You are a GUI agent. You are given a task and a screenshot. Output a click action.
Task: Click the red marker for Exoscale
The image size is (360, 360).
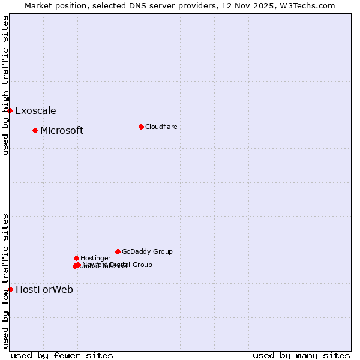click(x=10, y=110)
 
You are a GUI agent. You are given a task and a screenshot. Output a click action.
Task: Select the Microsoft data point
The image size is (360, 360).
click(x=35, y=130)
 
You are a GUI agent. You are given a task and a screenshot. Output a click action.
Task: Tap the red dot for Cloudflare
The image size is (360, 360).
click(x=141, y=127)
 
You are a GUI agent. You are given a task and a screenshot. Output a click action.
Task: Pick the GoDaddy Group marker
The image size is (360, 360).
click(x=118, y=251)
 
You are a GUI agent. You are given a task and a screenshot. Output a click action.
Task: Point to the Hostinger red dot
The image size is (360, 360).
click(x=76, y=258)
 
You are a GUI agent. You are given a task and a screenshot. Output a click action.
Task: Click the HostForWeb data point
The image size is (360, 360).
click(x=10, y=289)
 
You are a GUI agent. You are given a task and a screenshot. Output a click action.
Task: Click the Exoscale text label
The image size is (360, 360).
click(x=35, y=110)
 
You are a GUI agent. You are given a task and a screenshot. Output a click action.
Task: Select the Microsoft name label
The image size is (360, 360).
click(x=62, y=130)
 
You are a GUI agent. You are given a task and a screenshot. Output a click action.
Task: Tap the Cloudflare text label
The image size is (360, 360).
click(x=161, y=127)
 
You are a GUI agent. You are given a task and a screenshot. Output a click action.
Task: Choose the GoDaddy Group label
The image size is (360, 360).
click(x=147, y=251)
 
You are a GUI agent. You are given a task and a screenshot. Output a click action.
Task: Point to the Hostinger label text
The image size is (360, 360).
click(x=95, y=258)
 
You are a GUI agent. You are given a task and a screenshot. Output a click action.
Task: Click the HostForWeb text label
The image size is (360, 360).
click(x=44, y=289)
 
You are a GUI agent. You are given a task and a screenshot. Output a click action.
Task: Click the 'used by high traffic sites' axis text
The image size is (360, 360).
click(x=5, y=85)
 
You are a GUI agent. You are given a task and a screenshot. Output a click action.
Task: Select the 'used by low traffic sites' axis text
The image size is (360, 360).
click(x=5, y=281)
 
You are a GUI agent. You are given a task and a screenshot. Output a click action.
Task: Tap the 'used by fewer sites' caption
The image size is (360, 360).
click(x=62, y=355)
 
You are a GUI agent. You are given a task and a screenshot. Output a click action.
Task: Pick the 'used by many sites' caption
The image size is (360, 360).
click(x=301, y=355)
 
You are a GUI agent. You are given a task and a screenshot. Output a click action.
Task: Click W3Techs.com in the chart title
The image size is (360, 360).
click(x=308, y=5)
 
